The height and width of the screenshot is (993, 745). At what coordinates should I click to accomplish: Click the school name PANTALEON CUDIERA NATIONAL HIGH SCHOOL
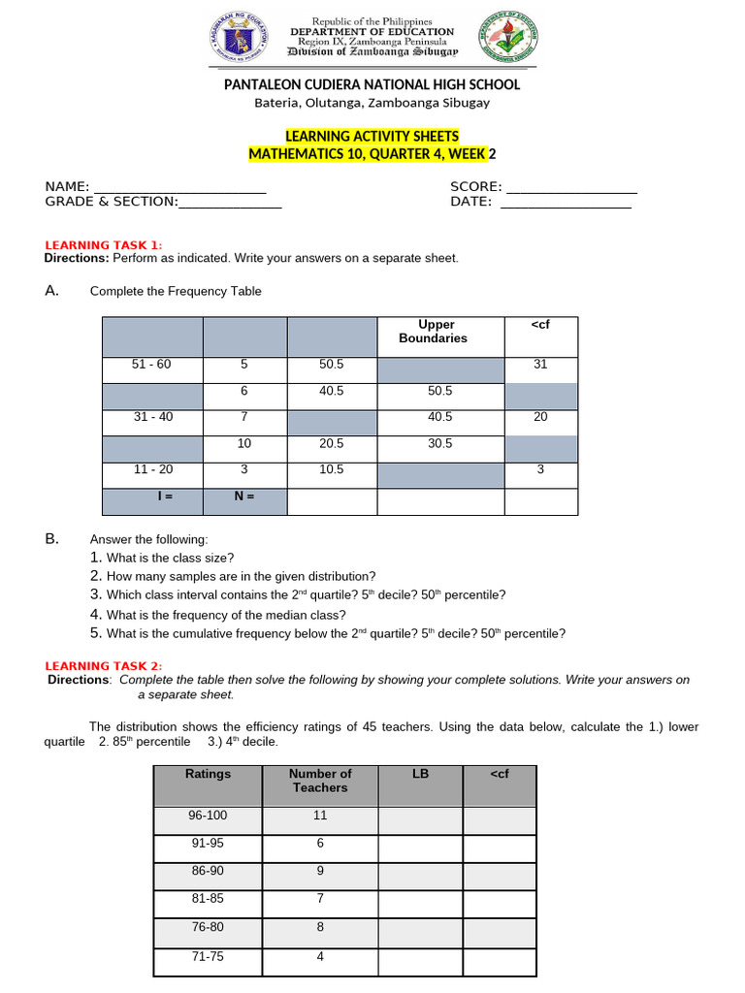372,84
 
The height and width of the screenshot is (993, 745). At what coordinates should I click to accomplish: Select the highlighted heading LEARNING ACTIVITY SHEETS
372,137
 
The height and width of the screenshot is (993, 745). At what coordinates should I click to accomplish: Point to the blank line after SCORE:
571,187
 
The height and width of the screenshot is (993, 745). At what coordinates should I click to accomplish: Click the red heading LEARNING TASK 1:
104,244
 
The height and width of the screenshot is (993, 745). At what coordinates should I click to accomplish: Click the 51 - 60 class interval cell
151,365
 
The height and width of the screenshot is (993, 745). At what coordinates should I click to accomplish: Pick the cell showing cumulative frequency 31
540,365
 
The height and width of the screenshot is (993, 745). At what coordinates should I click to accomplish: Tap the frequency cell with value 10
244,443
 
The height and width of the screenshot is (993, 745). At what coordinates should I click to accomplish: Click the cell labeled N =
244,496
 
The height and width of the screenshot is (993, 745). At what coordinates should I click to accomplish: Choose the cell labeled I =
151,496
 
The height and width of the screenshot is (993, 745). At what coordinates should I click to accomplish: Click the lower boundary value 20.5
332,443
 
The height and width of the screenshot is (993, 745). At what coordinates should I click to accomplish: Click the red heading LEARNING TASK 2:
104,665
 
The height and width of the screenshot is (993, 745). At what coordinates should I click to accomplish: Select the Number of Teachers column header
320,781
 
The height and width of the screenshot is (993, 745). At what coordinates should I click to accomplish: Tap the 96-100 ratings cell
207,817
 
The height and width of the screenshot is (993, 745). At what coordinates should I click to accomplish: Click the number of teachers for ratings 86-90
320,871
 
